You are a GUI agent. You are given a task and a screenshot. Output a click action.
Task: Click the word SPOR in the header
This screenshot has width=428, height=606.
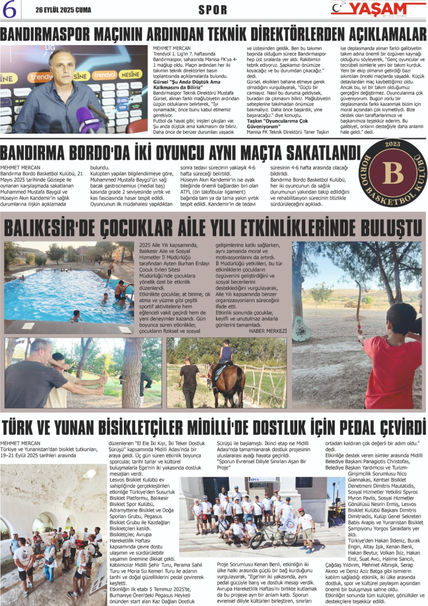[213, 10]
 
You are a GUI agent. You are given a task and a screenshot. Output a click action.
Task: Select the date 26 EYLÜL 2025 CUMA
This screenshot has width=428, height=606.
[62, 10]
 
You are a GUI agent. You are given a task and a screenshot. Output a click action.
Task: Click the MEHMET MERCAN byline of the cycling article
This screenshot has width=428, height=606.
[21, 443]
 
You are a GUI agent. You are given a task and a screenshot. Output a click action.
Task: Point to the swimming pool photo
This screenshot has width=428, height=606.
[68, 282]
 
